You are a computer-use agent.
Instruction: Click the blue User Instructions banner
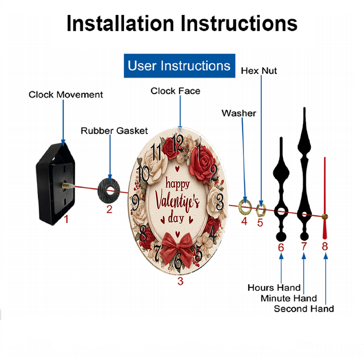tap(179, 66)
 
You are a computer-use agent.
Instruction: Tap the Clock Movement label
tap(66, 95)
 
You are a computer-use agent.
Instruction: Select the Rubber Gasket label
tap(114, 131)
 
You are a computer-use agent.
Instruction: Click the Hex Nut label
tap(259, 71)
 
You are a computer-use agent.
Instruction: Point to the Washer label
tap(239, 113)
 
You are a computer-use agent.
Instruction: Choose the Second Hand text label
tap(304, 309)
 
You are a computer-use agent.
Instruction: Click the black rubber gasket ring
tap(108, 190)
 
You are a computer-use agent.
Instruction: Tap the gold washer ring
tap(245, 206)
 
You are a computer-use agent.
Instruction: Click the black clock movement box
tap(55, 183)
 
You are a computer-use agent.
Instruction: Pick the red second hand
tap(325, 198)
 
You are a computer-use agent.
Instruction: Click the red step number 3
tap(181, 281)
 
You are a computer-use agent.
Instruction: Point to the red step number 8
tap(325, 246)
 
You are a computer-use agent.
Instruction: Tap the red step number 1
tap(66, 219)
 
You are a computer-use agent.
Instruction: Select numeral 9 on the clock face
tap(136, 202)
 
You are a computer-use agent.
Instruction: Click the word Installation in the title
tap(120, 23)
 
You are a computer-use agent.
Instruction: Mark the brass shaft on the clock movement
tap(67, 186)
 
